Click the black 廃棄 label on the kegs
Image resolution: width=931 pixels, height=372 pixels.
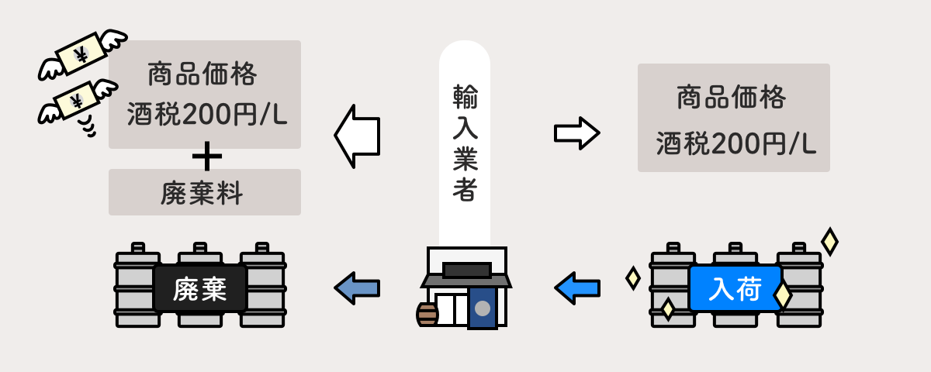[x=200, y=289]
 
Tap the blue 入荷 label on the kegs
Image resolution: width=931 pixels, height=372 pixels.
[x=735, y=289]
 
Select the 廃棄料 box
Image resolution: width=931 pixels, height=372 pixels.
[x=204, y=192]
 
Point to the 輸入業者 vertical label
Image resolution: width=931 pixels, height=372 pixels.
[x=465, y=143]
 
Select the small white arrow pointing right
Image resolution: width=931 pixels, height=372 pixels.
[x=576, y=133]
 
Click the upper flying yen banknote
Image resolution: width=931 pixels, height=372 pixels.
[x=82, y=53]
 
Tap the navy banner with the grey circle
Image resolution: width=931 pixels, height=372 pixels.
[x=483, y=308]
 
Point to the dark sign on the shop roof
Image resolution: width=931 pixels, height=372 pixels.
[x=466, y=270]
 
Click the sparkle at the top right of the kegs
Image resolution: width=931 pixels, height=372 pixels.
[x=829, y=241]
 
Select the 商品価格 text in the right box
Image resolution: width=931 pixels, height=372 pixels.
[x=732, y=98]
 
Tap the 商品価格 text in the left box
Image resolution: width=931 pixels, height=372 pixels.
[x=202, y=75]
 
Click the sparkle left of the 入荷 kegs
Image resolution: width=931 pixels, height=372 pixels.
[x=633, y=277]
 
